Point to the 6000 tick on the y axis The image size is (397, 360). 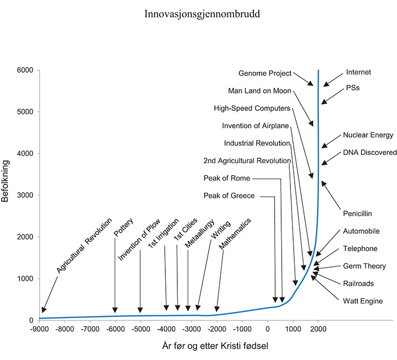25,70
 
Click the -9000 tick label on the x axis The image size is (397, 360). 39,328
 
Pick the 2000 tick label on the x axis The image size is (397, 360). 318,328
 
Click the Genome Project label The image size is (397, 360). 265,73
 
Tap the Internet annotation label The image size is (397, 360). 359,72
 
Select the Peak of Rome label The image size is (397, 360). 227,178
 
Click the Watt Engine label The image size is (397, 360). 363,301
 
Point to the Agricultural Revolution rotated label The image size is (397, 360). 84,245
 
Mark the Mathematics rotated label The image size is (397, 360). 235,234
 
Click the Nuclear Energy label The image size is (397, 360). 368,135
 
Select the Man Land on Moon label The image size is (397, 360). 260,91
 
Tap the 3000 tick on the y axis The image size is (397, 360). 25,195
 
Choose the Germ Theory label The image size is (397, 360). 364,266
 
